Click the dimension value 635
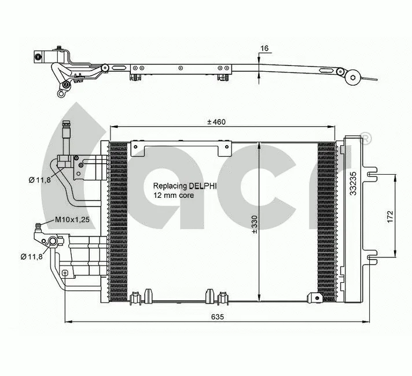click(x=216, y=316)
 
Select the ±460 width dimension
click(x=216, y=121)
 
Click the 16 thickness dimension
click(x=264, y=49)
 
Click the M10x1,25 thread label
click(x=72, y=220)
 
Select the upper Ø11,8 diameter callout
click(x=40, y=180)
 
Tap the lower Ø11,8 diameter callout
click(x=31, y=256)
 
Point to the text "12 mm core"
click(x=174, y=196)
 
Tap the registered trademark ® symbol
click(x=366, y=138)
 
